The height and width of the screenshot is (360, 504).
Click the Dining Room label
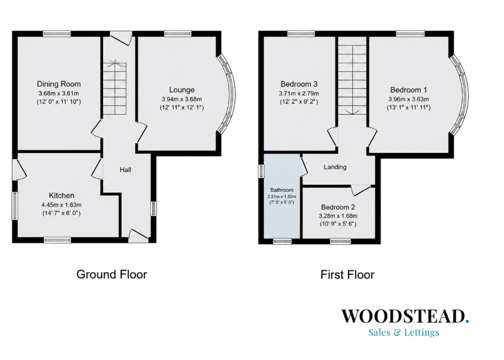point(59,84)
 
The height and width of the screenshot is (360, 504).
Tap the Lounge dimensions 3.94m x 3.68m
point(182,99)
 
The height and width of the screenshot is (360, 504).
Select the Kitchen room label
point(61,195)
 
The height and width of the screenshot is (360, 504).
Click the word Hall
point(126,170)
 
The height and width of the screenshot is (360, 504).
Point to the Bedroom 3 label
point(299,84)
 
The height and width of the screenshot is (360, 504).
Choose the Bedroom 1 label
point(409,89)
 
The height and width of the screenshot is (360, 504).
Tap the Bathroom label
point(282,190)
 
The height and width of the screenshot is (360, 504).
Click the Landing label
point(335,167)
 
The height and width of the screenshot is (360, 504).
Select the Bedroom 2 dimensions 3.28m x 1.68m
point(338,216)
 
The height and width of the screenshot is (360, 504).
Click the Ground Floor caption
point(112,274)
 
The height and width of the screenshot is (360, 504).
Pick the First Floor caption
point(348,275)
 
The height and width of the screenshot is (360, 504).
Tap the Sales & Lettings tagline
point(404,332)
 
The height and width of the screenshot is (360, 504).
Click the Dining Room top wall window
point(57,33)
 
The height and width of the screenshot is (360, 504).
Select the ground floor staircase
point(115,88)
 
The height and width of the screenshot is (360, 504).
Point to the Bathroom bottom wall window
point(282,241)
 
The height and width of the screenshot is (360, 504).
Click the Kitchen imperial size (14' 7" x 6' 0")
point(61,213)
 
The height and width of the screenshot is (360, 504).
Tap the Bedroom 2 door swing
point(361,190)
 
